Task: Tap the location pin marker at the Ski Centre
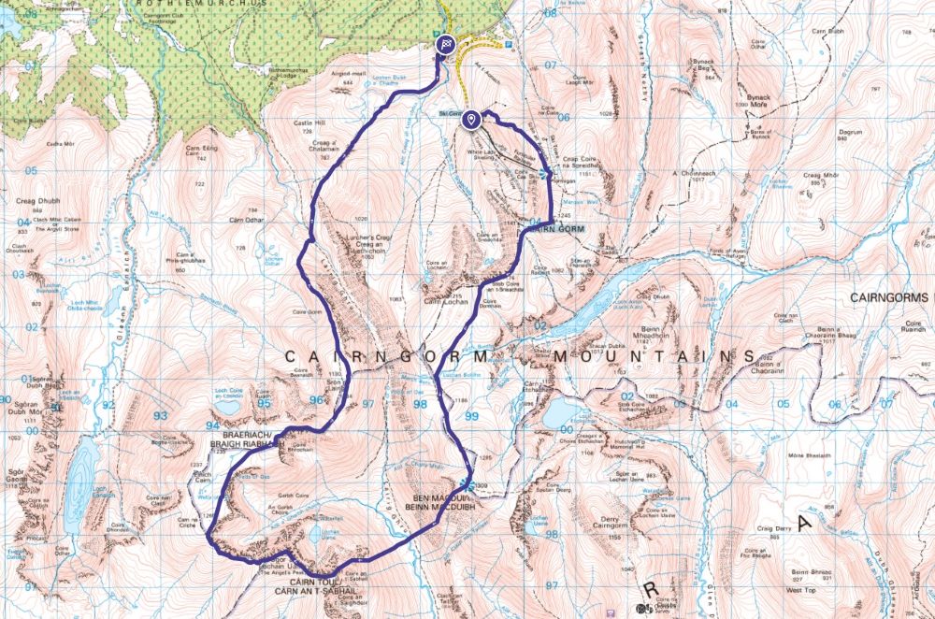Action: click(473, 119)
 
